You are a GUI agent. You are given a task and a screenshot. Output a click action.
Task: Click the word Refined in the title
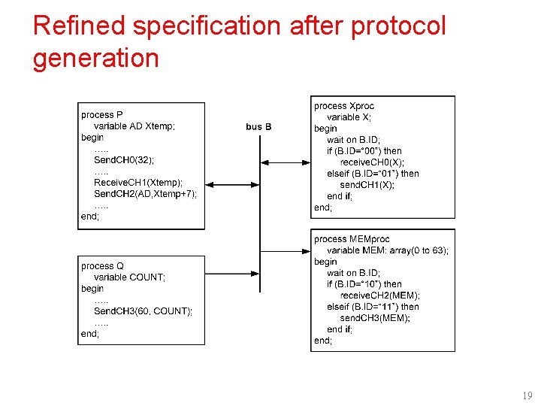[81, 26]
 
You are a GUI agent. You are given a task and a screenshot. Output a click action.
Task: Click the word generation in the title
[95, 59]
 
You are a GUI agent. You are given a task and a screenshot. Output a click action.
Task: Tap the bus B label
[258, 126]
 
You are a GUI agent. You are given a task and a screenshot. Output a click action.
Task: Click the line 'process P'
[102, 115]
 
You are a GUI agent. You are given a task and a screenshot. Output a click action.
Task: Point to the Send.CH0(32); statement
[125, 160]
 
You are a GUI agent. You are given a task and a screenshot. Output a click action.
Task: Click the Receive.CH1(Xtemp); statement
[138, 183]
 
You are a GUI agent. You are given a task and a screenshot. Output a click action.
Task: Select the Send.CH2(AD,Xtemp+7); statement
[145, 194]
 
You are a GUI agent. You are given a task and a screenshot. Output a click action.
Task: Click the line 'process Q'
[102, 266]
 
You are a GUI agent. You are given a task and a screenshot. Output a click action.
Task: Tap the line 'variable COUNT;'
[129, 277]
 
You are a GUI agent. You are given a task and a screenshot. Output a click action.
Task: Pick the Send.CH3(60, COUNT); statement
[143, 311]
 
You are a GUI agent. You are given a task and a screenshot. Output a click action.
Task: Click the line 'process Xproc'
[344, 106]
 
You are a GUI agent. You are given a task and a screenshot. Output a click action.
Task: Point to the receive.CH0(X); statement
[372, 162]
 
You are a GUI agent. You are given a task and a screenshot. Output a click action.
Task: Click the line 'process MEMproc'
[352, 239]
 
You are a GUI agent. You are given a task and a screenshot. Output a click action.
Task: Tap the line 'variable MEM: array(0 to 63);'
[388, 250]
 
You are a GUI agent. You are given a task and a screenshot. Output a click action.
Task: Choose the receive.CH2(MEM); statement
[380, 295]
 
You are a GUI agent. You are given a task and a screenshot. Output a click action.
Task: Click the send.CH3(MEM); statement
[375, 318]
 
